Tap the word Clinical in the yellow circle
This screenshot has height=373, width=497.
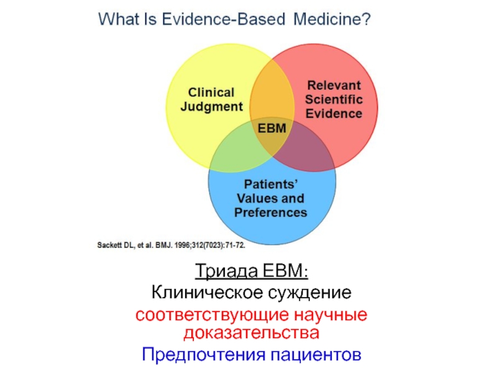coord(211,93)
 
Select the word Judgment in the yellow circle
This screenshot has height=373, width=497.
coord(211,107)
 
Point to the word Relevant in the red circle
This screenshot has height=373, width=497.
coord(334,86)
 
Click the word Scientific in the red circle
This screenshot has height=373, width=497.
coord(334,99)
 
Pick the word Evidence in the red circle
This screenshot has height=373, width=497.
coord(334,114)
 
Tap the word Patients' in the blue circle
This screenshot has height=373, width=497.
coord(271,184)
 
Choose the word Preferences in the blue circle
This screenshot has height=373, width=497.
coord(271,213)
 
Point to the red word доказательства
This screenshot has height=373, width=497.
coord(252,333)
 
